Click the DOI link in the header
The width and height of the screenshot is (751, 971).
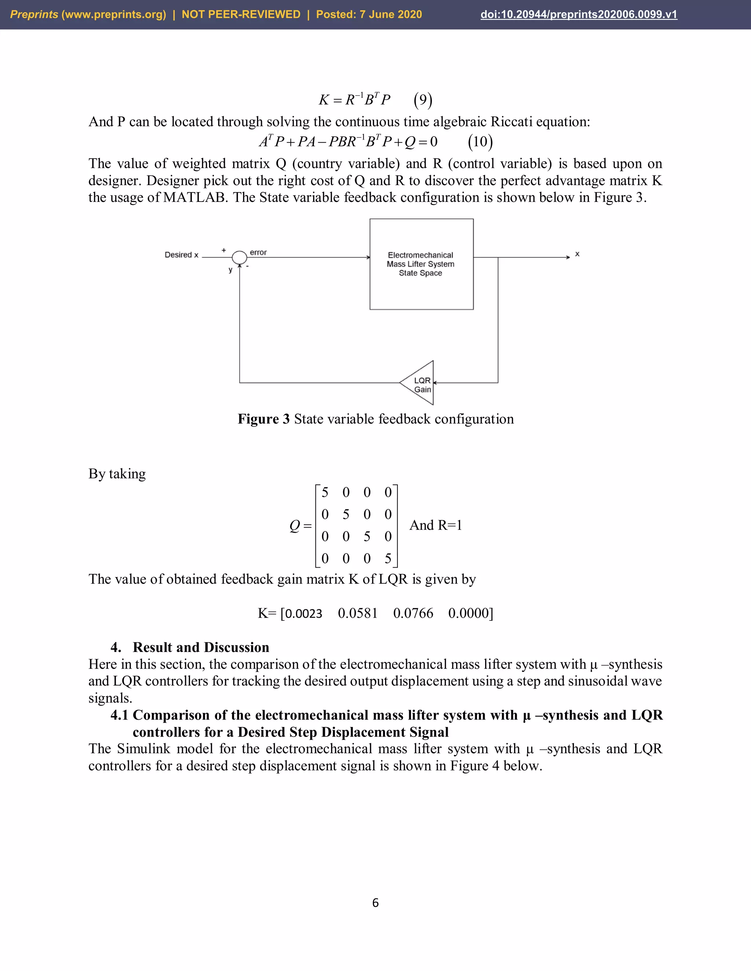tap(578, 14)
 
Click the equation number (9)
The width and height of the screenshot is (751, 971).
tap(423, 100)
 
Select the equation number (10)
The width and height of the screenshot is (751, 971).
tap(480, 142)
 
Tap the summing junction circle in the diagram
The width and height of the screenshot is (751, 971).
tap(239, 257)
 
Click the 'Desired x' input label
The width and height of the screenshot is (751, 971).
tap(181, 255)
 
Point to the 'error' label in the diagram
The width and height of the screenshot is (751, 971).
tap(258, 252)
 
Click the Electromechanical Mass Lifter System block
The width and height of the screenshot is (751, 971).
tap(421, 264)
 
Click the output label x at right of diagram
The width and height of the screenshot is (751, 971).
tap(577, 254)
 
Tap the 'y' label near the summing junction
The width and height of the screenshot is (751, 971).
tap(230, 270)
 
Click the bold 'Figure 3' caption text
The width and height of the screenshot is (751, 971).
tap(263, 419)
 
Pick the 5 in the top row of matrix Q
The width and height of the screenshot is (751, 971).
tap(325, 492)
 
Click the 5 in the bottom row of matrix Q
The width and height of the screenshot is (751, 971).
tap(388, 558)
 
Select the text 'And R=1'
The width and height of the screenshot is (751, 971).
tap(436, 525)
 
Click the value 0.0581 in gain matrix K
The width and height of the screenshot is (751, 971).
tap(357, 613)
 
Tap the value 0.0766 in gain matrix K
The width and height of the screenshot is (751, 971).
tap(413, 613)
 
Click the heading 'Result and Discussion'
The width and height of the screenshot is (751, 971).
tap(201, 647)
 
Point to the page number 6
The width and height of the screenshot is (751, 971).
tap(375, 902)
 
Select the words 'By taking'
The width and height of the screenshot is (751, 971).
tap(117, 473)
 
